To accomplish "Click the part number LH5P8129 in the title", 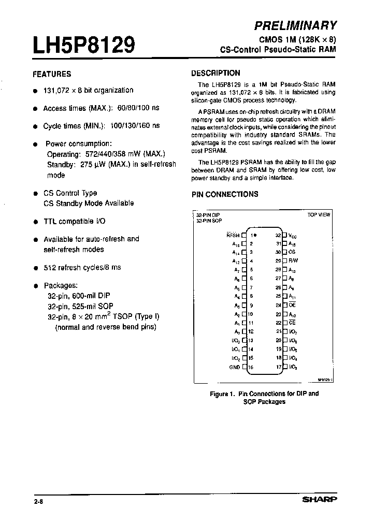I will [84, 46].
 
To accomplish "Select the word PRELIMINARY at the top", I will [296, 25].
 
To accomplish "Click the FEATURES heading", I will [52, 74].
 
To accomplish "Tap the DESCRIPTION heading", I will [216, 73].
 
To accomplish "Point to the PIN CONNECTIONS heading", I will [225, 194].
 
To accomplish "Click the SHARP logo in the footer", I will [320, 500].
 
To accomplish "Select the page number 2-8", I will [37, 501].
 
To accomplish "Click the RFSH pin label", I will [233, 235].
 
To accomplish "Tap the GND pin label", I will [234, 367].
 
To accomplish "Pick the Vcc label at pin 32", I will [293, 235].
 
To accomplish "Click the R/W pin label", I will [293, 261].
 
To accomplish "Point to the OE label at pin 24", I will [292, 305].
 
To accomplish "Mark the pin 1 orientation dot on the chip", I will [255, 235].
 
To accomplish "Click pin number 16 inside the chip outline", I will [251, 367].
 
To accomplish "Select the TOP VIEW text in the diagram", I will [319, 214].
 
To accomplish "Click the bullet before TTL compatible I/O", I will [36, 222].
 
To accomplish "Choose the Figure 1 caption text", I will [264, 397].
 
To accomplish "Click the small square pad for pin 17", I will [285, 367].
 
